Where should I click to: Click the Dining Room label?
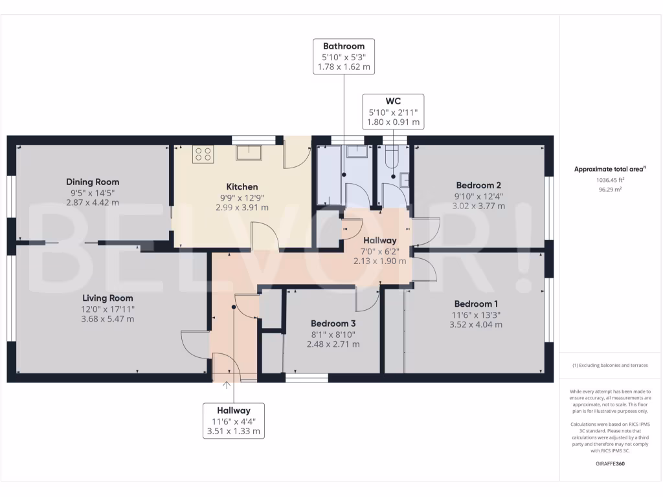[93, 182]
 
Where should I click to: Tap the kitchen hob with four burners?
[203, 154]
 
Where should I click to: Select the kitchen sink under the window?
[249, 152]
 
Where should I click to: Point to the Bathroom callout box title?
[344, 46]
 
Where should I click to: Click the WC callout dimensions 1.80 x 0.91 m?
[393, 122]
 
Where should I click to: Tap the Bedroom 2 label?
[478, 185]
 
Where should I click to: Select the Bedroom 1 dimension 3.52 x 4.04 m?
[476, 325]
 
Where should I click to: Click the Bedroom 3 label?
[333, 324]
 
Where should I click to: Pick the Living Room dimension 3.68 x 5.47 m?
[108, 319]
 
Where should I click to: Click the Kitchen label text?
[242, 187]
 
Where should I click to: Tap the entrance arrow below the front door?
[227, 385]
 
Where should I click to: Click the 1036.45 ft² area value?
[610, 180]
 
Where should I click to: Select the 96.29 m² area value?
[610, 190]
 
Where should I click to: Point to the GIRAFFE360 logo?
[610, 463]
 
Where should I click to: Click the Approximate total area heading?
[610, 169]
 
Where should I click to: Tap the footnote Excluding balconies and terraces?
[610, 365]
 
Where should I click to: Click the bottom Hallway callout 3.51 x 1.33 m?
[234, 432]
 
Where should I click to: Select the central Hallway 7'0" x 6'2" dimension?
[379, 252]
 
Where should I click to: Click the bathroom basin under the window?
[357, 151]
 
